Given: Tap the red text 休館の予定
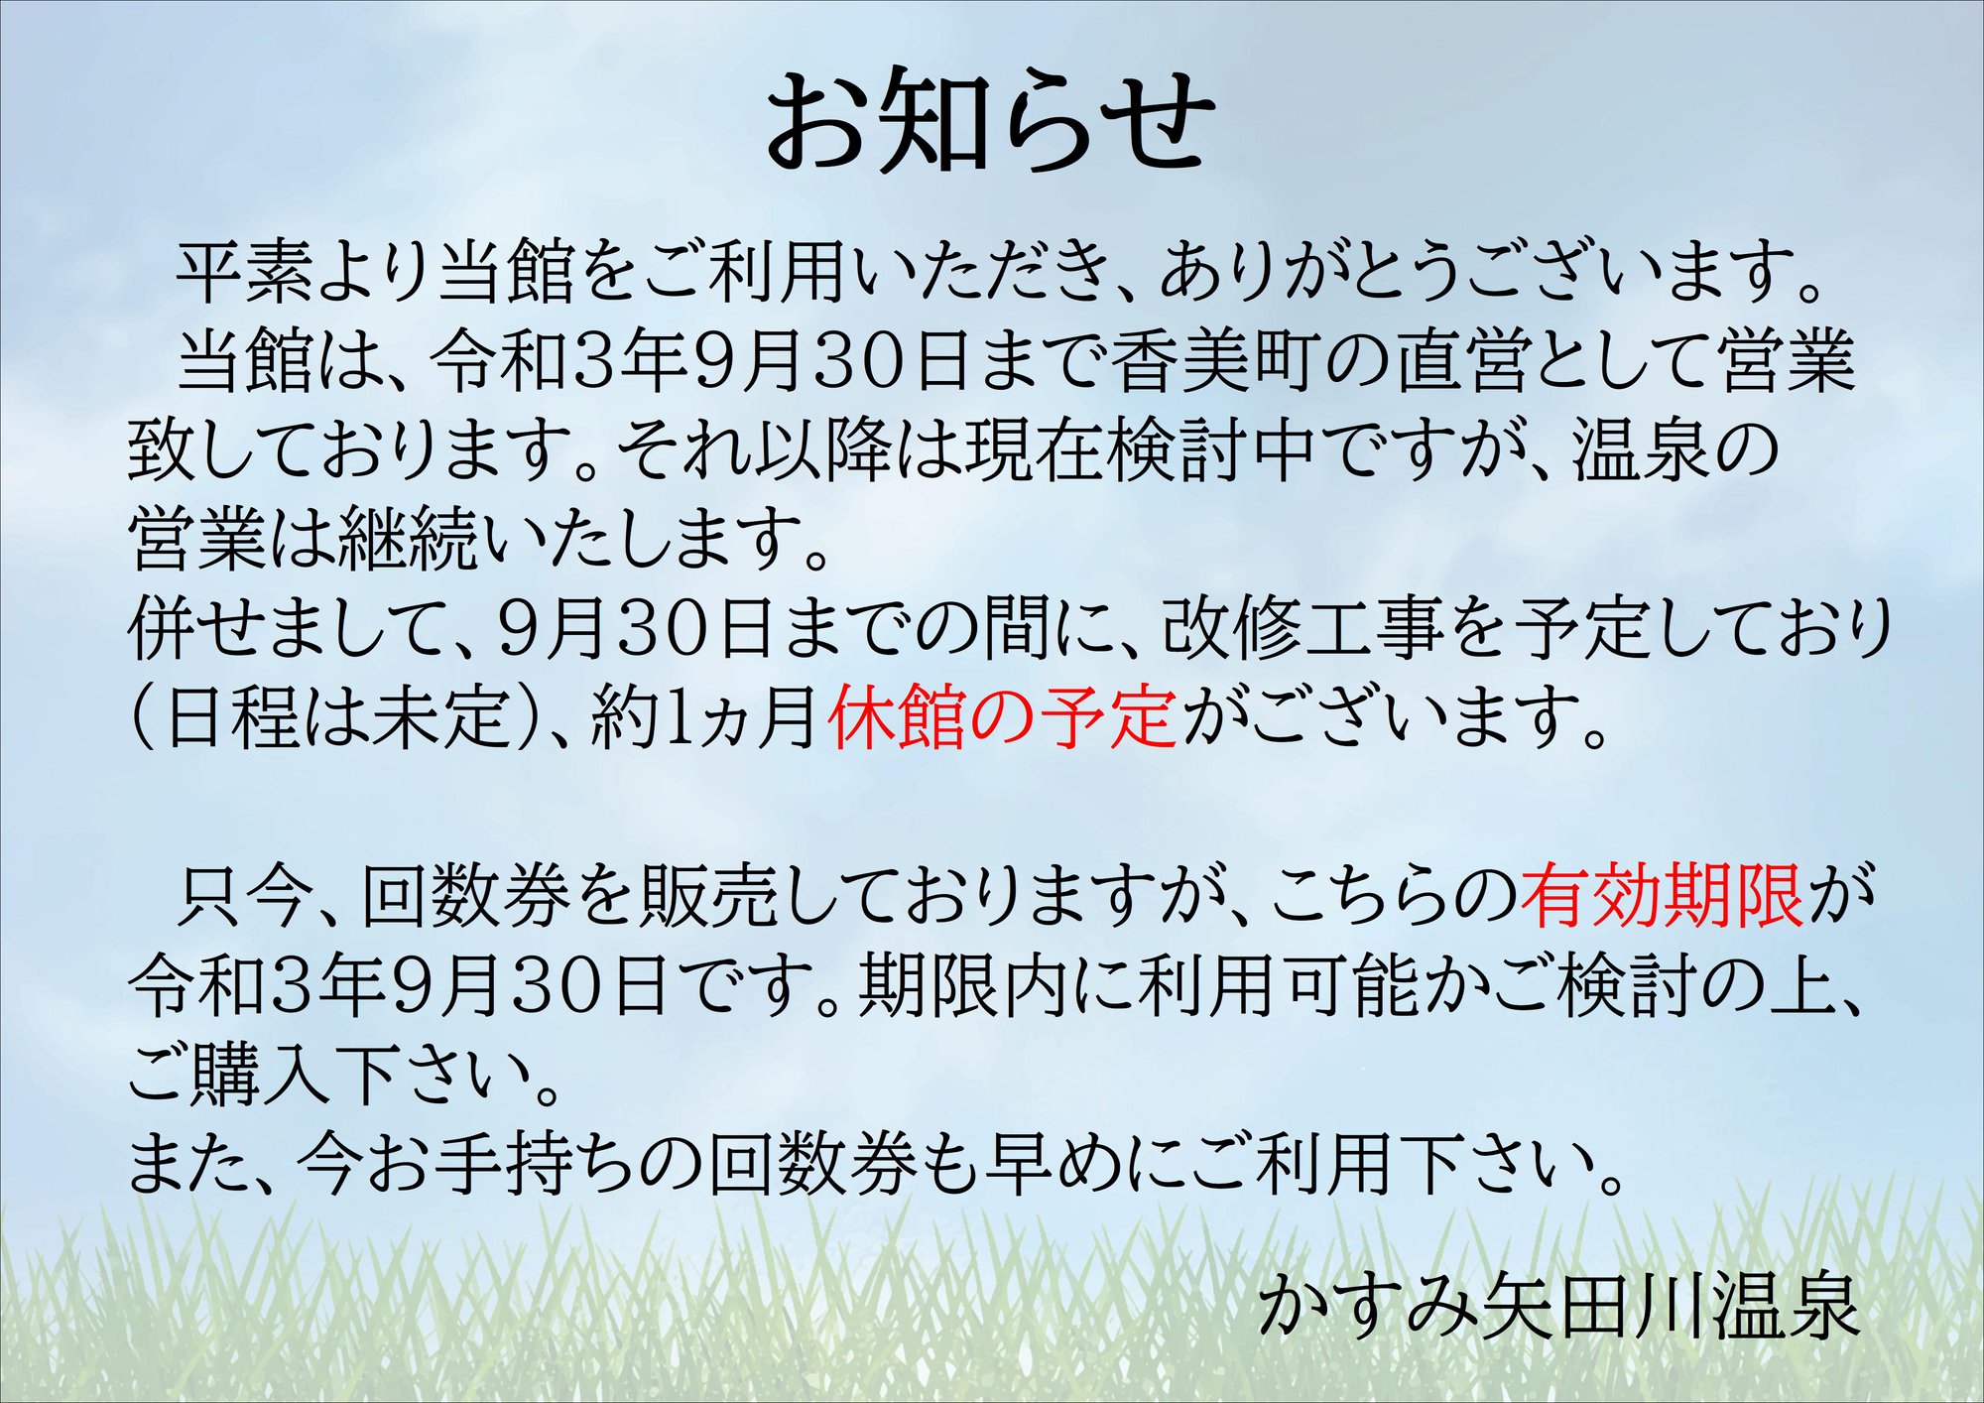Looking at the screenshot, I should click(1003, 717).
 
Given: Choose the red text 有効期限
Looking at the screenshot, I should click(1662, 896).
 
